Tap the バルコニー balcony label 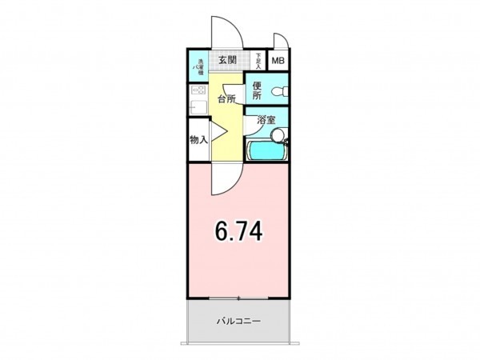coord(239,322)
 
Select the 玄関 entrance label coord(226,61)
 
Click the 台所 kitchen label coord(226,100)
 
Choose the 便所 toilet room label coord(258,91)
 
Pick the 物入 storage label coord(198,139)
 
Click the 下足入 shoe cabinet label coord(258,61)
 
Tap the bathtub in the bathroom coord(265,150)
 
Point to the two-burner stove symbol coord(198,90)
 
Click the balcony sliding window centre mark coord(238,299)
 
